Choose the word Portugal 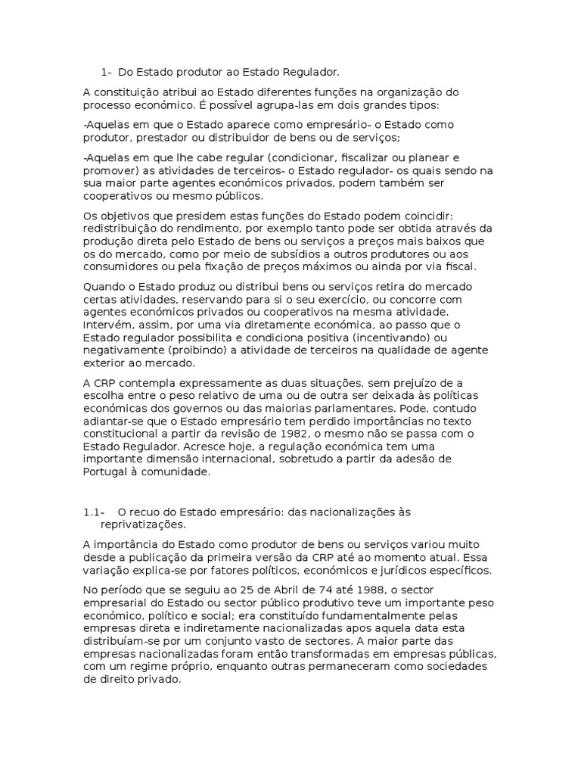click(x=108, y=471)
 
